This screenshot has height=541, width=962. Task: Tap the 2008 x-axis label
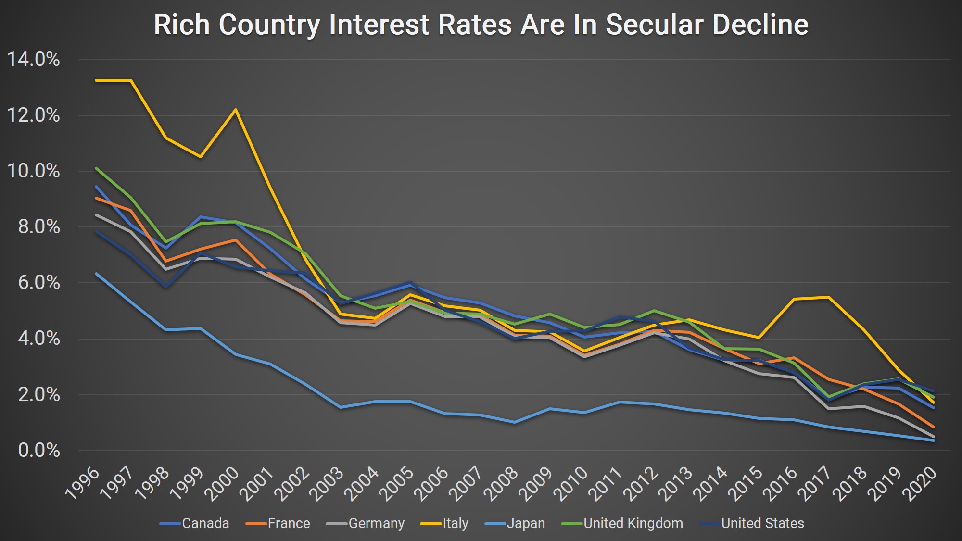tap(501, 483)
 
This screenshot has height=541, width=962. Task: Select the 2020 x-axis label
tap(921, 483)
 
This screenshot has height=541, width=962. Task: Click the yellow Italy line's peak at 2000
tap(236, 110)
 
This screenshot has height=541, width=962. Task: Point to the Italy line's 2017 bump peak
tap(828, 297)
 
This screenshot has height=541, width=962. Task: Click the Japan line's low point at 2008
tap(515, 422)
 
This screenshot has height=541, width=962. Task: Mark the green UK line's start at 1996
tap(96, 168)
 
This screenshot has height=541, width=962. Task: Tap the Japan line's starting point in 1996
tap(96, 274)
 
